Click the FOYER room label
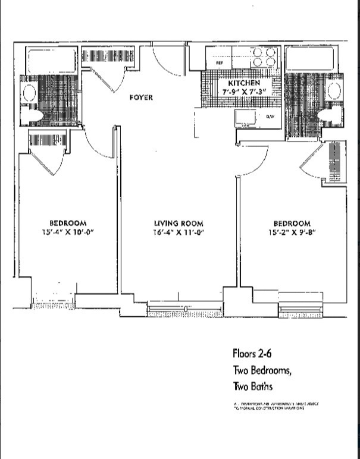click(141, 98)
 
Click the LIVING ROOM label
click(178, 224)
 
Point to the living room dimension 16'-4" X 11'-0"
click(178, 233)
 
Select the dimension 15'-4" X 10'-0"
click(67, 232)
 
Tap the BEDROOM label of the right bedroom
click(292, 224)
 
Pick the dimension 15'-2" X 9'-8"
click(291, 233)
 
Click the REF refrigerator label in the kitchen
click(219, 61)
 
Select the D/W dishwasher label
click(270, 117)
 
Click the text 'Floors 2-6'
click(252, 354)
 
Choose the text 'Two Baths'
click(252, 386)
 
